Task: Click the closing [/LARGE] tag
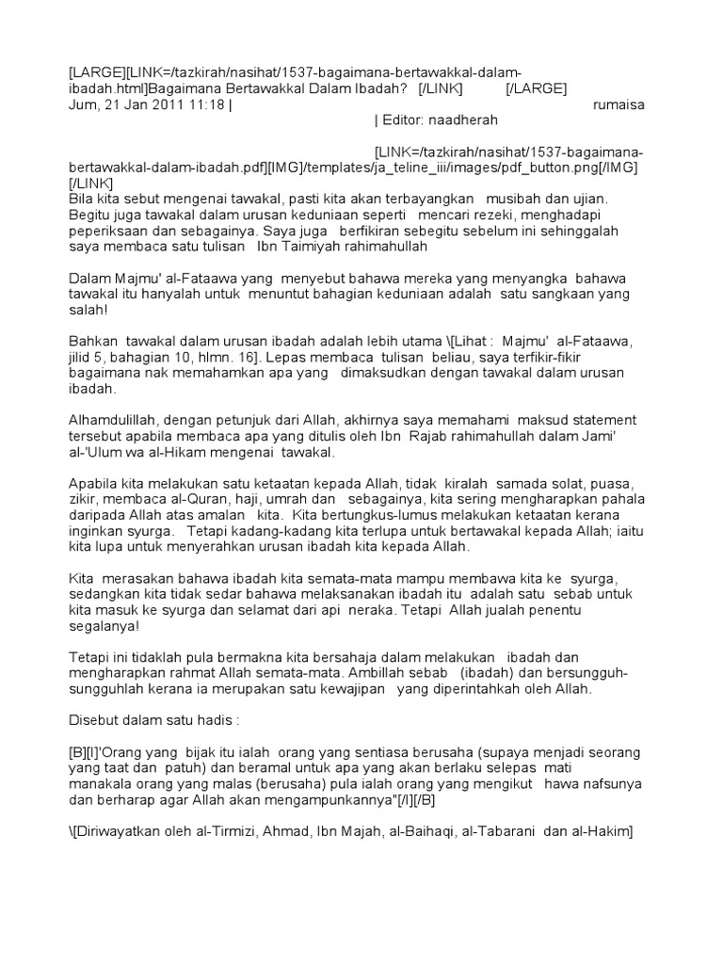[x=536, y=89]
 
